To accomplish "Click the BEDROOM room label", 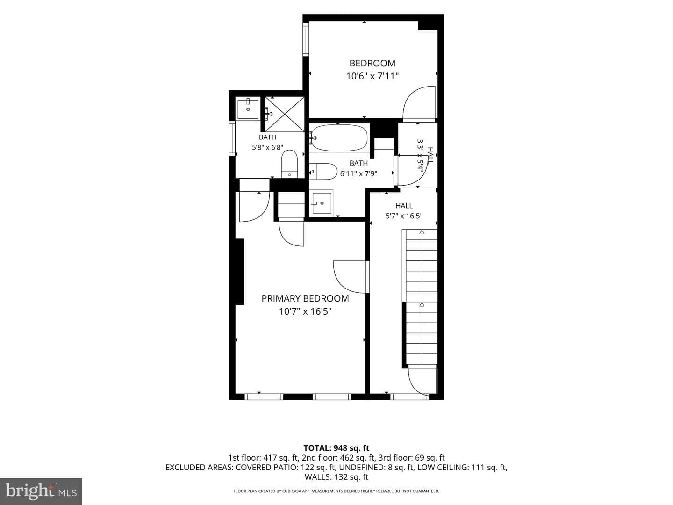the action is tap(372, 63).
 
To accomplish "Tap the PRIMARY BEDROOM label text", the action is tap(305, 298).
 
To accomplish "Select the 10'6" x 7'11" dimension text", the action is tap(372, 76).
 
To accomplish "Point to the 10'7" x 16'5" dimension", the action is tap(305, 311).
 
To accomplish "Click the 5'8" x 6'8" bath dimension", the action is tap(267, 147).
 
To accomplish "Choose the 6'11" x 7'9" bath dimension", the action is tap(358, 173).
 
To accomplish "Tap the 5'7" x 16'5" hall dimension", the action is tap(404, 216).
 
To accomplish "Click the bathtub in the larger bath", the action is tap(338, 137).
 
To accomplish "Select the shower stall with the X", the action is tap(285, 115).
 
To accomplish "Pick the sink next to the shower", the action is tap(248, 108).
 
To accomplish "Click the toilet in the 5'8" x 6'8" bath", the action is tap(290, 164).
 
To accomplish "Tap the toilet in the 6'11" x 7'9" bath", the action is tap(323, 172).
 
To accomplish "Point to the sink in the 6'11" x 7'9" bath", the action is tap(321, 202).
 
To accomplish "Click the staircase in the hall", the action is tap(420, 298).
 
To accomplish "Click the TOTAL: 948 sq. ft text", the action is tap(336, 448).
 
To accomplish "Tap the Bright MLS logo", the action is tap(41, 491).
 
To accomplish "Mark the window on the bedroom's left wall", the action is tap(306, 40).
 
